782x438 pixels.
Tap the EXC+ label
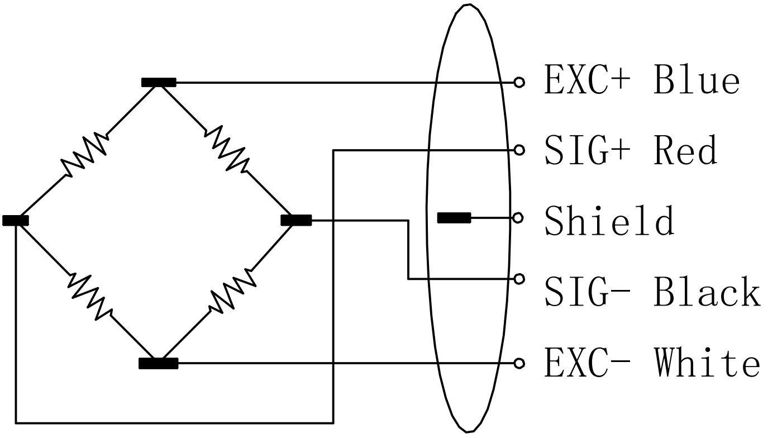coord(587,82)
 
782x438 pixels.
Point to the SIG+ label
coord(587,151)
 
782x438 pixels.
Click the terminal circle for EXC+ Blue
coord(519,83)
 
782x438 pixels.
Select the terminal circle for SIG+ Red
coord(519,150)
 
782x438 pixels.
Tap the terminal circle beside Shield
coord(518,218)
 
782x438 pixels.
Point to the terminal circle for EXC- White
coord(519,364)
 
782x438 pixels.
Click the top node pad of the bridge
coord(159,83)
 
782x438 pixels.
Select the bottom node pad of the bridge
coord(158,364)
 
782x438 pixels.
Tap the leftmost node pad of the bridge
coord(15,220)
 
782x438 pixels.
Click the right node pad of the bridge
coord(296,220)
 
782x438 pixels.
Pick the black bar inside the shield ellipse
coord(454,218)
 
